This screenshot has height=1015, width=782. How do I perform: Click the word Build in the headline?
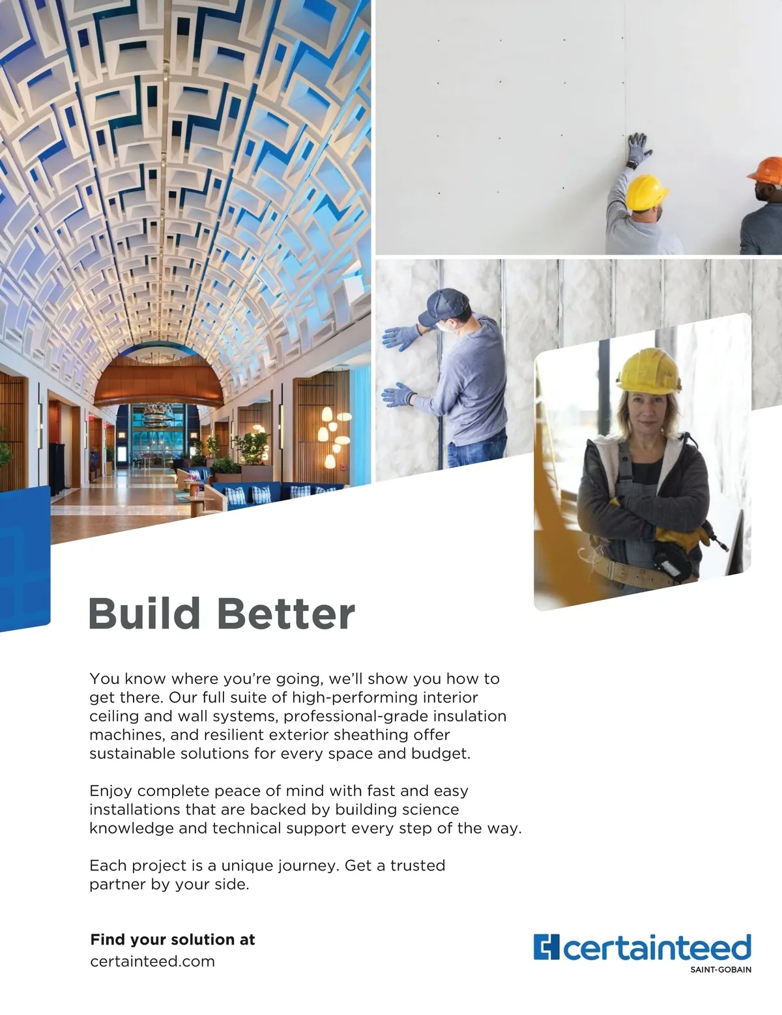pyautogui.click(x=145, y=613)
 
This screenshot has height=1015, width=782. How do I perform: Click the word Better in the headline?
pyautogui.click(x=286, y=613)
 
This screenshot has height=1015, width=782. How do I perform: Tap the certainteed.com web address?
pyautogui.click(x=152, y=962)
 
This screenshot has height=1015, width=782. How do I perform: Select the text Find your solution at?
pyautogui.click(x=173, y=939)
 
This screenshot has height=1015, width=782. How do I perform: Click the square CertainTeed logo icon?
pyautogui.click(x=546, y=947)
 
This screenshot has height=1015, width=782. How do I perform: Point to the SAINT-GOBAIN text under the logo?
pyautogui.click(x=721, y=970)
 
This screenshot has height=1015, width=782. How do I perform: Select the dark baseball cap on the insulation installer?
pyautogui.click(x=442, y=306)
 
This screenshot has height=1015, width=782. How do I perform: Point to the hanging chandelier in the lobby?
pyautogui.click(x=156, y=415)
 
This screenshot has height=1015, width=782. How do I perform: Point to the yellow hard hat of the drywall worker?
pyautogui.click(x=646, y=192)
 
